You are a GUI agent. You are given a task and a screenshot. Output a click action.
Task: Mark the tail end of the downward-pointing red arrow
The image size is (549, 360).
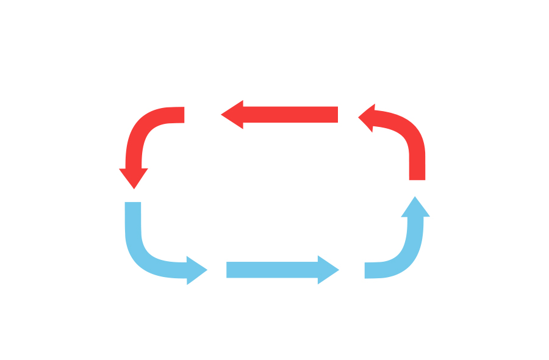(182, 115)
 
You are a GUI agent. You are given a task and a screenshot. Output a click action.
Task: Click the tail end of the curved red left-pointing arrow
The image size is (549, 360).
(417, 177)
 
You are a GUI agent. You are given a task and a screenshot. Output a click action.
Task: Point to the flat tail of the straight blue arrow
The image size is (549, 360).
(229, 270)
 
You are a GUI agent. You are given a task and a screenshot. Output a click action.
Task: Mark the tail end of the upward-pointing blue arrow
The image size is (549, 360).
(367, 270)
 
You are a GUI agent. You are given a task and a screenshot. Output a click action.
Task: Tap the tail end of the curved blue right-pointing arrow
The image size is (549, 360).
(133, 204)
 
